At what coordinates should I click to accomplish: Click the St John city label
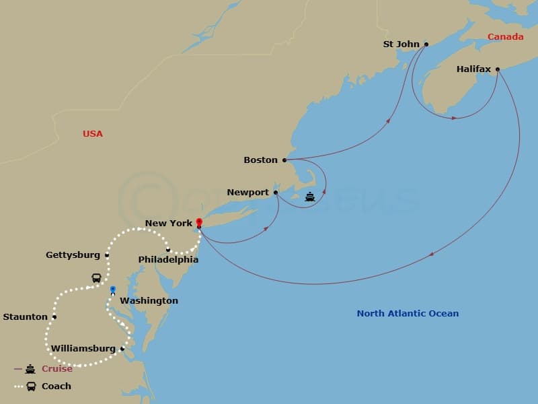[401, 44]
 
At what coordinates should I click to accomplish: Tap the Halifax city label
[473, 69]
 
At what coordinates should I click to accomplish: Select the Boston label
[260, 160]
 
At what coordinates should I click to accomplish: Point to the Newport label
[247, 193]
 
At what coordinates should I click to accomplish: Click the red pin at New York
[199, 222]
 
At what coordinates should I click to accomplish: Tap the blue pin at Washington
[113, 290]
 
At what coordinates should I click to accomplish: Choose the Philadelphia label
[168, 259]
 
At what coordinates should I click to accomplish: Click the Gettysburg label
[73, 255]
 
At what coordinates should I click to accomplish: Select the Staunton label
[26, 317]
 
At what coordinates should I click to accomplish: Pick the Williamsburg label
[83, 349]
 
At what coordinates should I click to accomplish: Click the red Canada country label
[505, 37]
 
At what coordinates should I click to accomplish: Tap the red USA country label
[93, 134]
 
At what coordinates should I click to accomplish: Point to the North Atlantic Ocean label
[408, 313]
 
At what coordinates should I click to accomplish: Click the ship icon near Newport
[309, 197]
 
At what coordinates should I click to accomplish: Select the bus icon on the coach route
[97, 278]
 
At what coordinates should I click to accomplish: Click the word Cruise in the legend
[57, 369]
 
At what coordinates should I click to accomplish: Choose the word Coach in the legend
[56, 386]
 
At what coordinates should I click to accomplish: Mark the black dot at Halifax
[498, 69]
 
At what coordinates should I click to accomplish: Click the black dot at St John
[426, 44]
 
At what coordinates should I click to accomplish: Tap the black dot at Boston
[284, 160]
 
